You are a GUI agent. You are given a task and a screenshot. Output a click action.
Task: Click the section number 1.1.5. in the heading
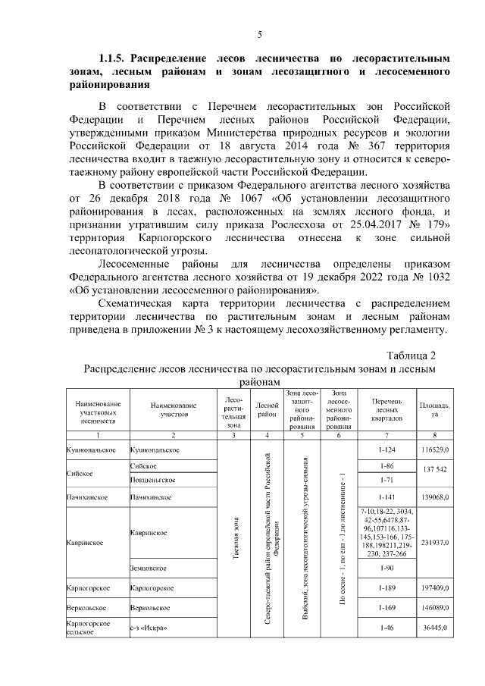point(114,58)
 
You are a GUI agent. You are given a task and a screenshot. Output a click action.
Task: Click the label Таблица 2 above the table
point(411,355)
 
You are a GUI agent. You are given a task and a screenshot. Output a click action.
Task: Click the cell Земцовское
point(148,568)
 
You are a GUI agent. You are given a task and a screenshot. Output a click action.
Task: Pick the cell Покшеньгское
point(153,480)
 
